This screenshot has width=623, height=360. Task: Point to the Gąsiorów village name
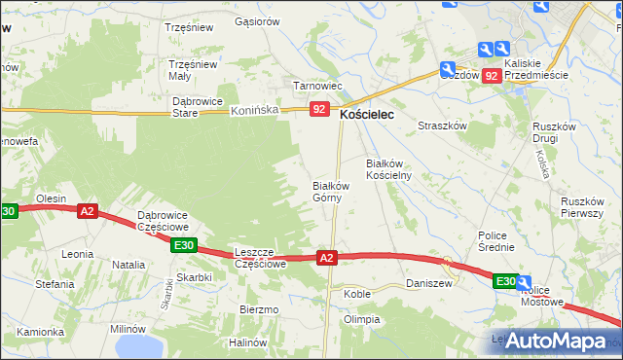(257, 20)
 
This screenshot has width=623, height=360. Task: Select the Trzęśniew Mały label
(193, 70)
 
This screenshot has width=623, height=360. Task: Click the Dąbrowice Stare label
(198, 106)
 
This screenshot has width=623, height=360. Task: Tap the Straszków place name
(443, 126)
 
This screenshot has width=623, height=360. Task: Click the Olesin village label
(51, 198)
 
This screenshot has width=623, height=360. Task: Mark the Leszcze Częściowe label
(261, 258)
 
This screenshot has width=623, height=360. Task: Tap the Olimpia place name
(360, 319)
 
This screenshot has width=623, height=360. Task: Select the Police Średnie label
(495, 241)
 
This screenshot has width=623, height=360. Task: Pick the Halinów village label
(247, 342)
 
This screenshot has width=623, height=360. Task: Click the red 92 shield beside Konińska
(319, 110)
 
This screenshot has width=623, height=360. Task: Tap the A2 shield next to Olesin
(87, 210)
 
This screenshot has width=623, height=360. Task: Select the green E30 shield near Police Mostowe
(504, 281)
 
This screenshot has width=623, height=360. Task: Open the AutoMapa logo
(553, 341)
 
